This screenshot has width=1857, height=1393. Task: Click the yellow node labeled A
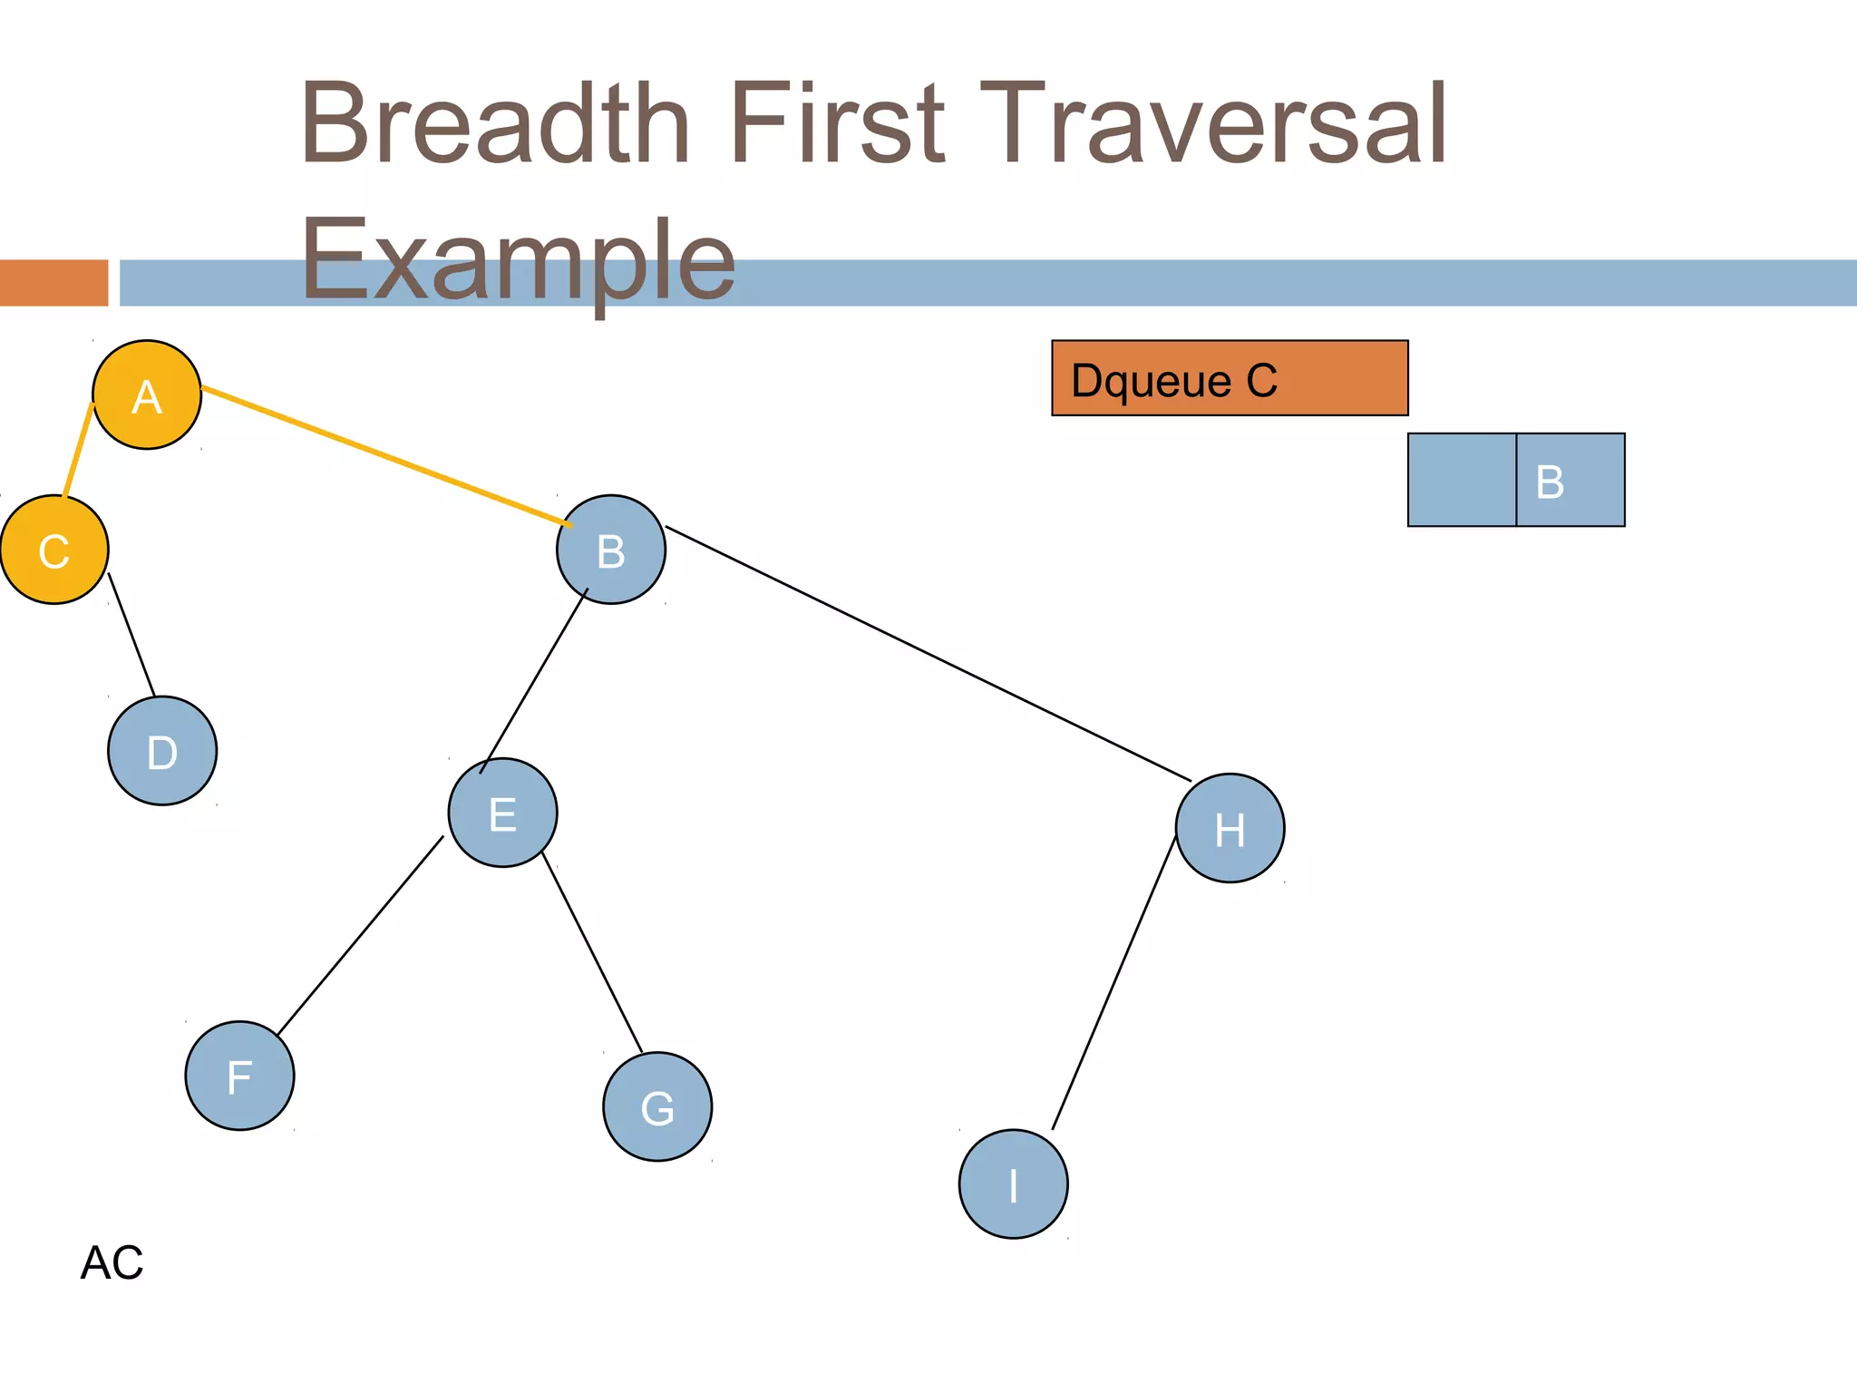click(x=147, y=395)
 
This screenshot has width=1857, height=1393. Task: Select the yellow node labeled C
click(x=54, y=550)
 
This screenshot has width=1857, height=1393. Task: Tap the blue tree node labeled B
click(x=611, y=550)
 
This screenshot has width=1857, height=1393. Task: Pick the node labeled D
click(x=162, y=751)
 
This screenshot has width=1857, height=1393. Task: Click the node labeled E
click(x=502, y=813)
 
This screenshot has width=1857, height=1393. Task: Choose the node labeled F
click(x=239, y=1076)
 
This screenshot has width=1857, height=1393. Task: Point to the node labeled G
click(x=657, y=1106)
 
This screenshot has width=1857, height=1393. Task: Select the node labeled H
click(x=1230, y=828)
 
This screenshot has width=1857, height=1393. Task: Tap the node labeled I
click(x=1013, y=1184)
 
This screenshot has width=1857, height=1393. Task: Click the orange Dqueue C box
click(x=1230, y=378)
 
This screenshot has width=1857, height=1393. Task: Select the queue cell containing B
click(x=1570, y=480)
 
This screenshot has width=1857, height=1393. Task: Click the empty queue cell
click(x=1462, y=480)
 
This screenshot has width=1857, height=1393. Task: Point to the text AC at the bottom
click(x=112, y=1262)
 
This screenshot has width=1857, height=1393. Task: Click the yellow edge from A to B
click(x=385, y=456)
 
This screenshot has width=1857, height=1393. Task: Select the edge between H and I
click(x=1113, y=984)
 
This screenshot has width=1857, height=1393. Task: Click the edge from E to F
click(x=360, y=936)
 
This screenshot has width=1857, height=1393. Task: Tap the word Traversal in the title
click(x=1212, y=124)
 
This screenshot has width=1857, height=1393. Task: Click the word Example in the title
click(x=517, y=261)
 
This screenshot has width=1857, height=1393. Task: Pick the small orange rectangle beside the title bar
click(x=53, y=283)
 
